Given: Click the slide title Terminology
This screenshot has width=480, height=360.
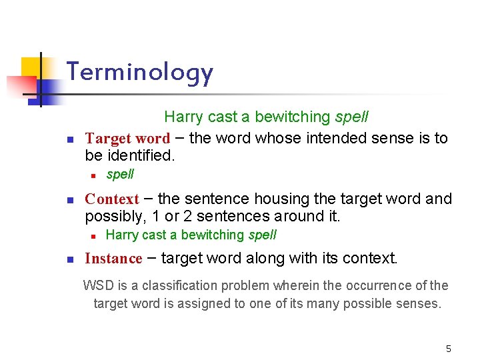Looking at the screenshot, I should click(x=140, y=73).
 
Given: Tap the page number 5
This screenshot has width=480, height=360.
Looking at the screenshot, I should click(x=449, y=349).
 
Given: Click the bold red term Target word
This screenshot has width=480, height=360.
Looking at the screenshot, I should click(x=127, y=139).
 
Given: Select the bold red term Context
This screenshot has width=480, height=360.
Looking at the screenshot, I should click(x=112, y=199).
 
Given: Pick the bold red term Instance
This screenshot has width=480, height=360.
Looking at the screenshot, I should click(x=113, y=259).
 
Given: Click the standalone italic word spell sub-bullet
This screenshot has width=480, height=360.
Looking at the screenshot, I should click(x=120, y=175).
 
